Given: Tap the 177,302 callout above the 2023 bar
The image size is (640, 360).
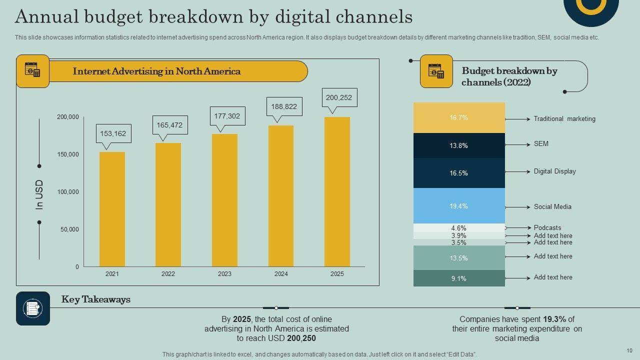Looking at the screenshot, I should pyautogui.click(x=227, y=116).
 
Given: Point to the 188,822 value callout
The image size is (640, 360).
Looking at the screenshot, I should pyautogui.click(x=284, y=106).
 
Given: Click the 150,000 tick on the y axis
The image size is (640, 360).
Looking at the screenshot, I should pyautogui.click(x=68, y=154).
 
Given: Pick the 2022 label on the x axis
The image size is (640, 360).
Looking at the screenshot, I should pyautogui.click(x=168, y=274).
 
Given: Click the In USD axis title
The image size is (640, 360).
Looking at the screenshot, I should pyautogui.click(x=39, y=194).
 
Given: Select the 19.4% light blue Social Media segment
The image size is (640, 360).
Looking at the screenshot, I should pyautogui.click(x=459, y=205).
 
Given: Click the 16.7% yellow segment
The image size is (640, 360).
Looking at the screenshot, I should pyautogui.click(x=459, y=117).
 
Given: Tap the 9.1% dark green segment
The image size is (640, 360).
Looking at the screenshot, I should pyautogui.click(x=459, y=278).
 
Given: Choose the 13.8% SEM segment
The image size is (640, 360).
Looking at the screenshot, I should pyautogui.click(x=459, y=145).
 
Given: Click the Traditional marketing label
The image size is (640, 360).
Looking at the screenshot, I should pyautogui.click(x=564, y=119).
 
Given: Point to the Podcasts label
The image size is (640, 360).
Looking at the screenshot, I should pyautogui.click(x=547, y=228).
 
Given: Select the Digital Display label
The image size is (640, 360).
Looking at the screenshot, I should pyautogui.click(x=554, y=171).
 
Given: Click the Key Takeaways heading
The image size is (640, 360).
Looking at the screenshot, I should pyautogui.click(x=96, y=299).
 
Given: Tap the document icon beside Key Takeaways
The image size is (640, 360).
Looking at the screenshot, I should pyautogui.click(x=33, y=308).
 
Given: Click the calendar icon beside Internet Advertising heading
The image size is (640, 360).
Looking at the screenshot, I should pyautogui.click(x=32, y=71).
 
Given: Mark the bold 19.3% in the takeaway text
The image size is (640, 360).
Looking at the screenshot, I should pyautogui.click(x=554, y=319).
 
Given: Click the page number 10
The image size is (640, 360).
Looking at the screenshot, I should pyautogui.click(x=629, y=350).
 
